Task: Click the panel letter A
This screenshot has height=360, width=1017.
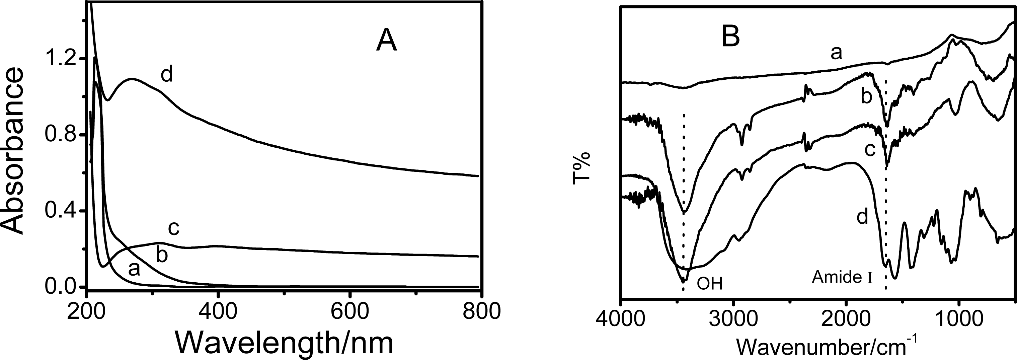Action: click(x=386, y=52)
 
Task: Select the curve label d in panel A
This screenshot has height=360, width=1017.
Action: click(x=167, y=74)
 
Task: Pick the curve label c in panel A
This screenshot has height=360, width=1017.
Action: click(x=174, y=228)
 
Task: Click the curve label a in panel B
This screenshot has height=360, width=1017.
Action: click(x=836, y=53)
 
